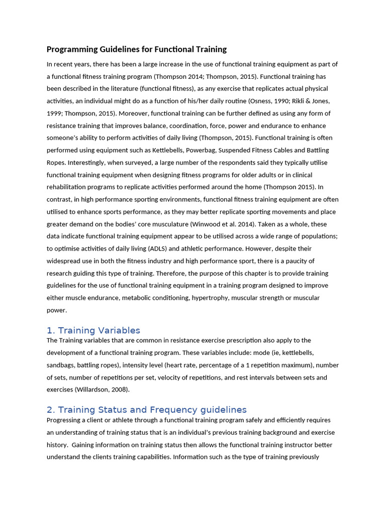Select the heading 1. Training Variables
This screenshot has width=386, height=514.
pyautogui.click(x=93, y=330)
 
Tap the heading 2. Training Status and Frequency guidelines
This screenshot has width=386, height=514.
pyautogui.click(x=146, y=410)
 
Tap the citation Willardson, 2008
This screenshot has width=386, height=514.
pyautogui.click(x=106, y=390)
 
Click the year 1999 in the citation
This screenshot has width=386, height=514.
pyautogui.click(x=55, y=113)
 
